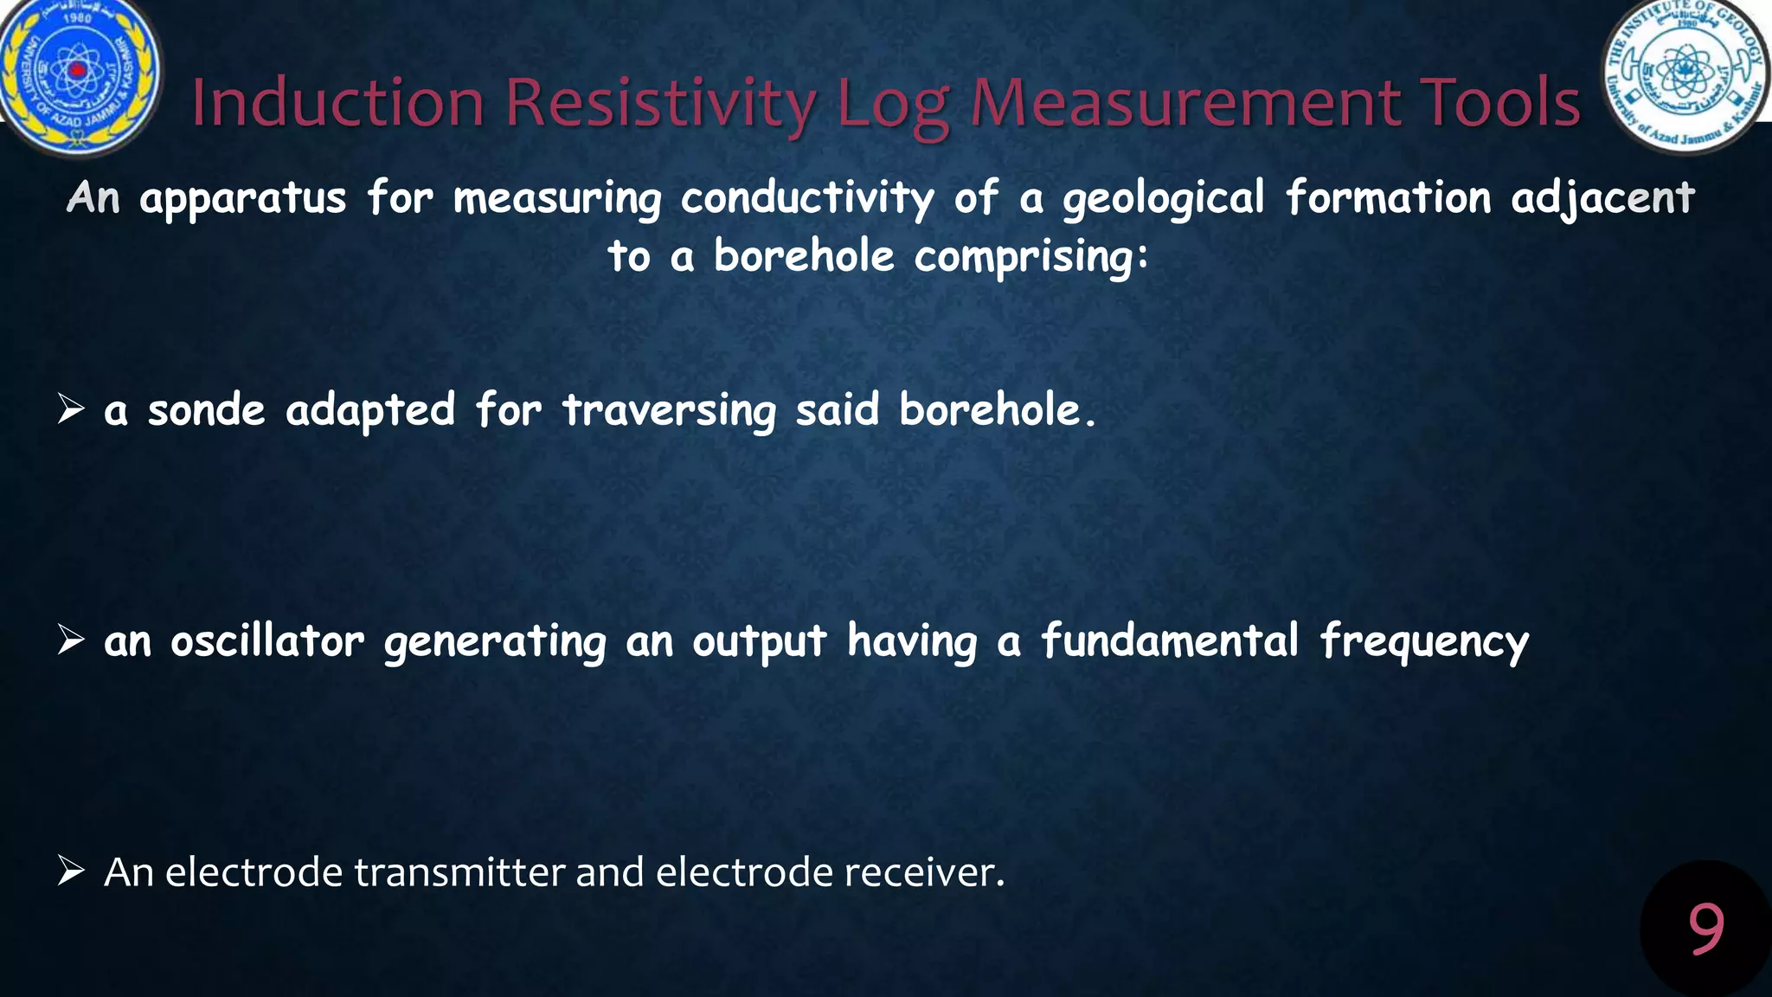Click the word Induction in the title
pos(337,102)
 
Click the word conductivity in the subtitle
pos(806,198)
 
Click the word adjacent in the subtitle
pos(1602,198)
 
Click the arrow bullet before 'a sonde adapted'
pos(71,408)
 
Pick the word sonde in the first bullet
pos(206,410)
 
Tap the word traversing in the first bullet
pos(669,410)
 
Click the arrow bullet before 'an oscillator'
pos(71,640)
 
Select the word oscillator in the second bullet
pos(266,641)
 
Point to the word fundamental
pos(1169,641)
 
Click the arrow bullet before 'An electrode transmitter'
pos(71,871)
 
